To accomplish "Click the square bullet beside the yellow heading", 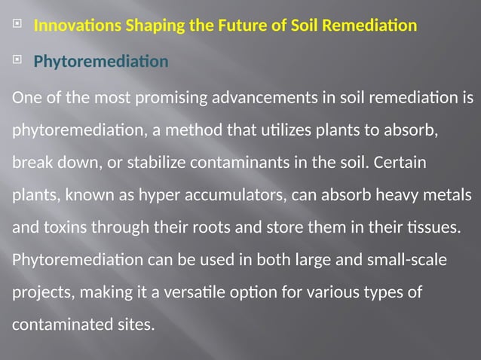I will (x=17, y=25).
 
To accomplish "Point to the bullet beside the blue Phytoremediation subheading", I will (x=17, y=61).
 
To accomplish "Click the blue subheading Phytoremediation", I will (x=101, y=62).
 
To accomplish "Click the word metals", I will (x=452, y=194).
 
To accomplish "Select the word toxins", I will (x=63, y=227).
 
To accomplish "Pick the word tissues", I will (x=428, y=227).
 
